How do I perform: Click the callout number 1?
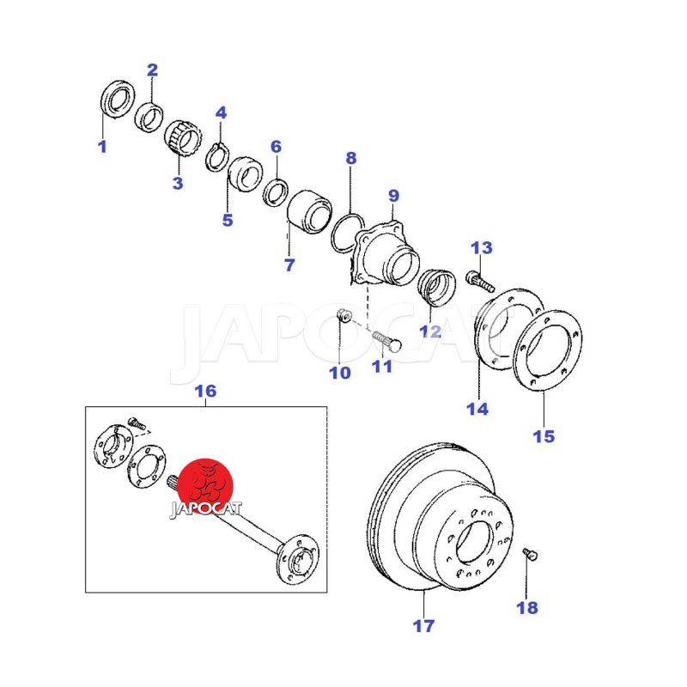click(x=102, y=146)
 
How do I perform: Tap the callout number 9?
click(x=394, y=196)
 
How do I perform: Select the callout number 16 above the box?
click(x=205, y=391)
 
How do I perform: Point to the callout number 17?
click(x=423, y=626)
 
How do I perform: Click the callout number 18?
click(x=527, y=608)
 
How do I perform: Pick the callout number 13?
click(x=482, y=248)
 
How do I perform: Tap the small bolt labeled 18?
click(x=530, y=555)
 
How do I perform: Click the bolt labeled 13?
click(x=480, y=282)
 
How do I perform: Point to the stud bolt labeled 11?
click(x=387, y=341)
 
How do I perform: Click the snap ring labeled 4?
click(x=217, y=157)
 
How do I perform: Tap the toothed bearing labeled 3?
click(x=182, y=137)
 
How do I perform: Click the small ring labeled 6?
click(x=276, y=192)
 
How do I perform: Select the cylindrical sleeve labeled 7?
click(x=309, y=212)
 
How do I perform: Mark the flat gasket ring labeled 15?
click(x=548, y=350)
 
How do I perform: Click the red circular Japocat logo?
click(x=206, y=487)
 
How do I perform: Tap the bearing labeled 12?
click(x=437, y=288)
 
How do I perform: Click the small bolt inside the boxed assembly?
click(x=136, y=423)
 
